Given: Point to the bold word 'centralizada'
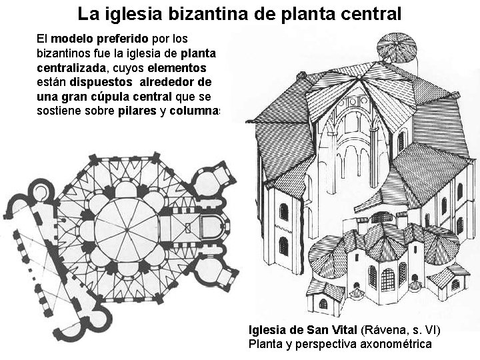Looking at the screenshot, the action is tap(73, 67).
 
